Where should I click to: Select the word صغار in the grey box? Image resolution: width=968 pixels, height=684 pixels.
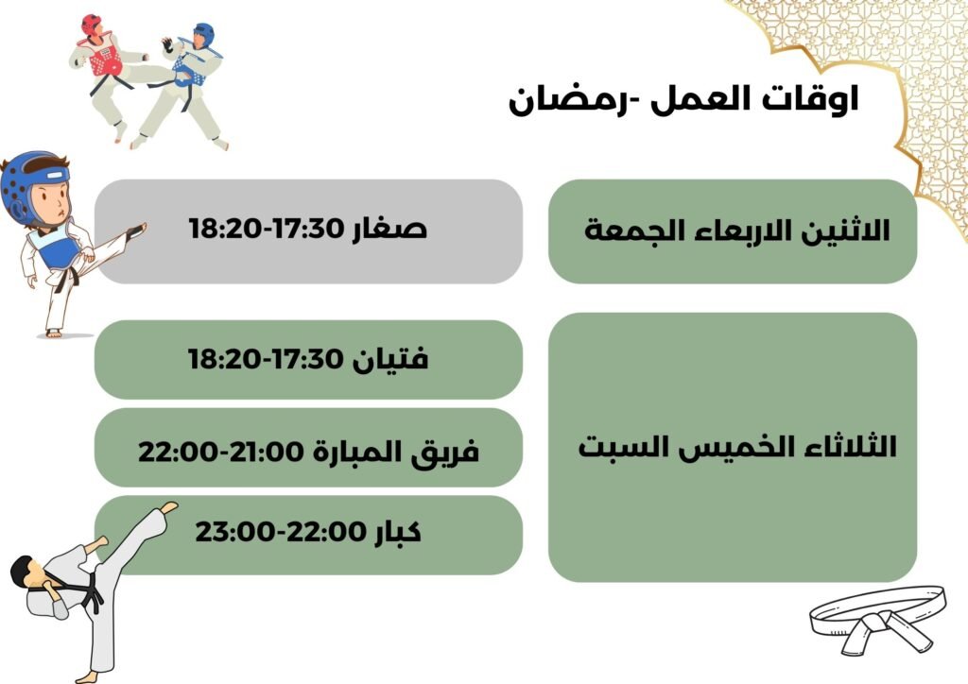(389, 229)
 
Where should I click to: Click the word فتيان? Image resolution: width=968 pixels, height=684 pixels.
(390, 358)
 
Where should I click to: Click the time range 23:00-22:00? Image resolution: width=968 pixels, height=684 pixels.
(280, 532)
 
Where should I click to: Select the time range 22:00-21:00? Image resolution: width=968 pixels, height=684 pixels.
(221, 452)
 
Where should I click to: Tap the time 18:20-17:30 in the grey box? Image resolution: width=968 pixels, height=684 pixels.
(266, 229)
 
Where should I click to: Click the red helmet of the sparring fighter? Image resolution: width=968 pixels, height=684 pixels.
(92, 25)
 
